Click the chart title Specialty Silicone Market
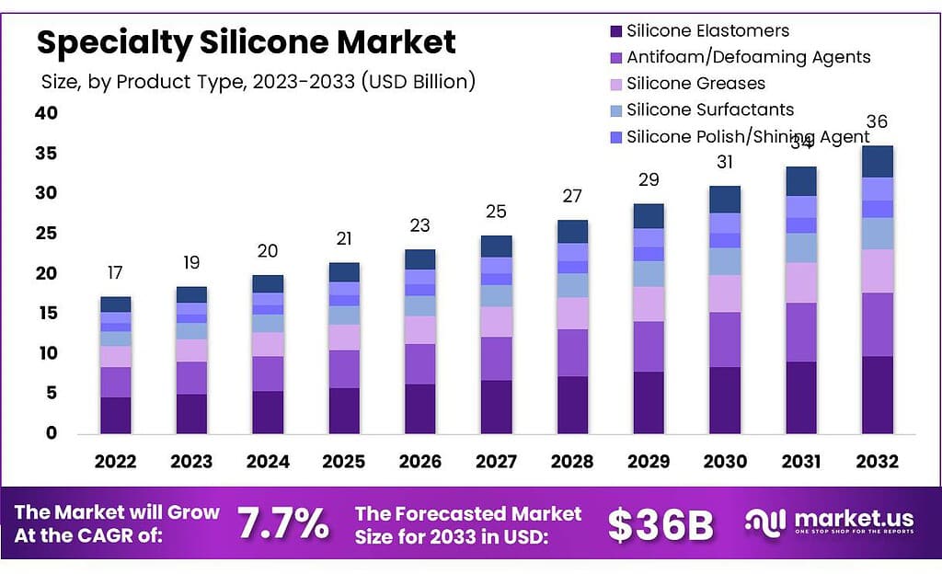(x=246, y=41)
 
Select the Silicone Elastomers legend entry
(x=707, y=31)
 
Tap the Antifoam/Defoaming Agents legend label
(x=748, y=57)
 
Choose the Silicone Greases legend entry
(x=695, y=84)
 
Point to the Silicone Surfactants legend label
(x=710, y=109)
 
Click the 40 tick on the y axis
(x=47, y=113)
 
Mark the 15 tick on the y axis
(x=47, y=314)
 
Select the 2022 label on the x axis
(x=115, y=461)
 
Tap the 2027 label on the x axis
(x=496, y=461)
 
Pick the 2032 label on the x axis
(x=877, y=461)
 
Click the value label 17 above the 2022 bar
(x=115, y=273)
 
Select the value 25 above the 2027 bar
(x=496, y=212)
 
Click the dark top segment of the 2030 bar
(x=725, y=200)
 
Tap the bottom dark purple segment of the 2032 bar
(x=877, y=395)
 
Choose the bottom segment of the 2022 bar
(x=115, y=415)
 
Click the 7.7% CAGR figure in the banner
(x=283, y=524)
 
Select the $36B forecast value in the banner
(x=661, y=524)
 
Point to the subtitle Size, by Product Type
(x=258, y=82)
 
